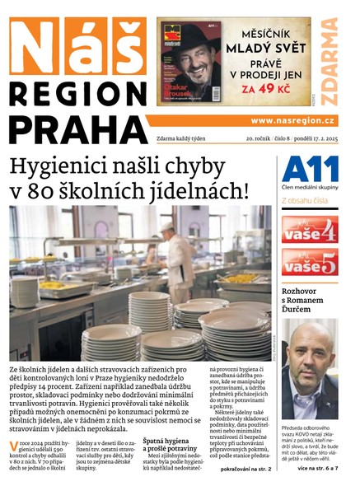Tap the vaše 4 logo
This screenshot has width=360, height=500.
(x=309, y=230)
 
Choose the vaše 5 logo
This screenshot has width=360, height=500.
(x=309, y=264)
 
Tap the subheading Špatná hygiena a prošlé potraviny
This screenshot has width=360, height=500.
(x=175, y=446)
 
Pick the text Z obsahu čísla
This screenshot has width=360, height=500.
(x=305, y=200)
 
